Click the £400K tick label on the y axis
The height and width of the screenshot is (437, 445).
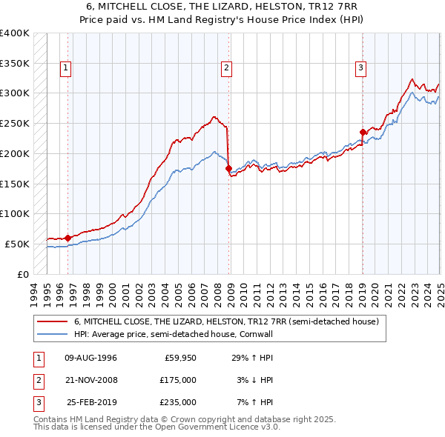click(15, 33)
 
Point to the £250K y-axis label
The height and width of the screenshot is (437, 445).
click(15, 123)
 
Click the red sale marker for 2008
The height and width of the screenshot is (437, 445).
click(228, 168)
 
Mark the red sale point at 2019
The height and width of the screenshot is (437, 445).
click(363, 133)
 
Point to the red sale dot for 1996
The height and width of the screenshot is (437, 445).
click(67, 238)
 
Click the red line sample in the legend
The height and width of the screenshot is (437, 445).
click(53, 322)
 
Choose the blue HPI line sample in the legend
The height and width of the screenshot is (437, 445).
click(53, 334)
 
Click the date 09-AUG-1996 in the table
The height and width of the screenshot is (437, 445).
click(90, 358)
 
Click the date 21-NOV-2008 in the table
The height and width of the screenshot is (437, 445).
click(90, 380)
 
